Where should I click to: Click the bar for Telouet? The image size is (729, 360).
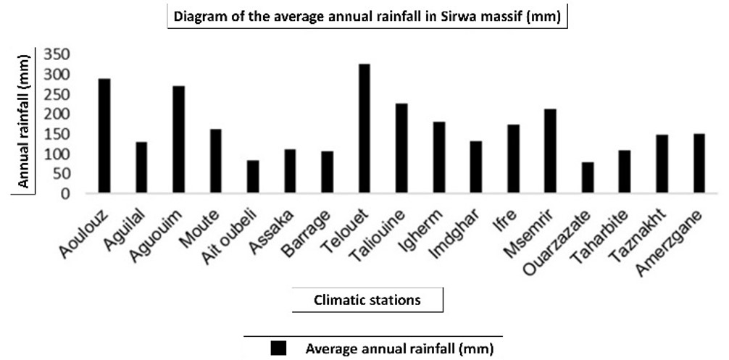pyautogui.click(x=364, y=129)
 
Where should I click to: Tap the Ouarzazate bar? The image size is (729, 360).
pyautogui.click(x=587, y=178)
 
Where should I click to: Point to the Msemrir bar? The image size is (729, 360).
pyautogui.click(x=550, y=151)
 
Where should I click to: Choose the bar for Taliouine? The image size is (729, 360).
pyautogui.click(x=401, y=148)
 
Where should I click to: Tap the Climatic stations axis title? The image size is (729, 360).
pyautogui.click(x=367, y=299)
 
